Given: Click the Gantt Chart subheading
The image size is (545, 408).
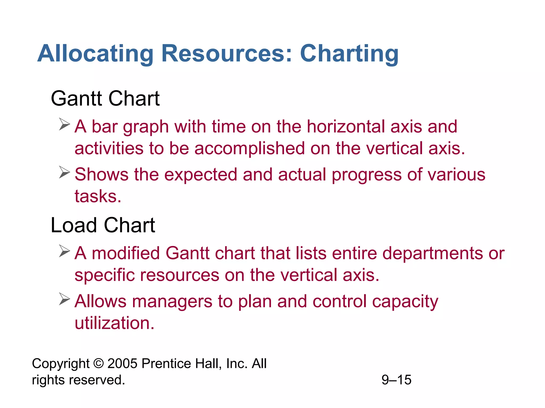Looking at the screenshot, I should point(105,99).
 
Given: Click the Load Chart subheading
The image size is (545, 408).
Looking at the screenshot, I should point(103,225).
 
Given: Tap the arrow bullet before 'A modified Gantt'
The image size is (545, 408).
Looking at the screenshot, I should point(64,251).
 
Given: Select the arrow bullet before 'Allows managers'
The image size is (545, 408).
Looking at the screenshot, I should point(64,299).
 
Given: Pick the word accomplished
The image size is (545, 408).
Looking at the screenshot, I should point(249,148).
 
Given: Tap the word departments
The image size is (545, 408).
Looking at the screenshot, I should point(432,253).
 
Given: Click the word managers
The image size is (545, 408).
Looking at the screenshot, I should point(172,302).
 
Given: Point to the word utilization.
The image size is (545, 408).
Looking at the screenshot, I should point(114,323).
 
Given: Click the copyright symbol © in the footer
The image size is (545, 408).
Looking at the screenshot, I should point(98,363).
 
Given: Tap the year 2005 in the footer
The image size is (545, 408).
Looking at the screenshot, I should point(122,363).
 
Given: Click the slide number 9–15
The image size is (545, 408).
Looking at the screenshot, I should point(396,380).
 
